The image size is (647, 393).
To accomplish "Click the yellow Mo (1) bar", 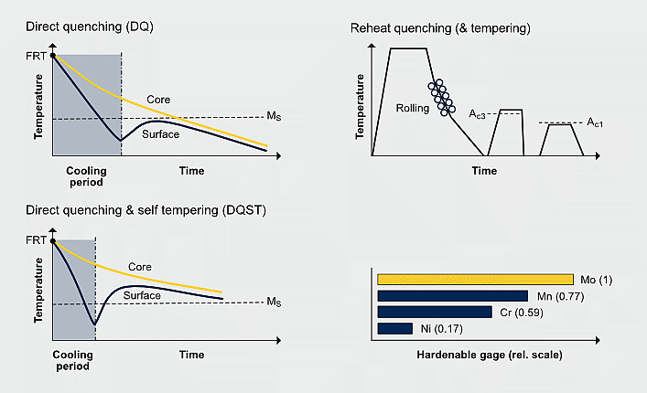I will coord(474,280).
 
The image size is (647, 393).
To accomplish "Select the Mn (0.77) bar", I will coord(452,296).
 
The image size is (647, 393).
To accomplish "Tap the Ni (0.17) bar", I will coord(394,328).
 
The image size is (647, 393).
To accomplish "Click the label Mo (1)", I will coord(595,280).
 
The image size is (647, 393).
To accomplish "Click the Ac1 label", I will coord(595,123).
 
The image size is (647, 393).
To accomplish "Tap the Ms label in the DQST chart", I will coord(274,303).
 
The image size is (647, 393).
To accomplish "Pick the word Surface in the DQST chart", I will coord(141,295).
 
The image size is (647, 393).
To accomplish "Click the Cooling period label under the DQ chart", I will coord(87,176).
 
